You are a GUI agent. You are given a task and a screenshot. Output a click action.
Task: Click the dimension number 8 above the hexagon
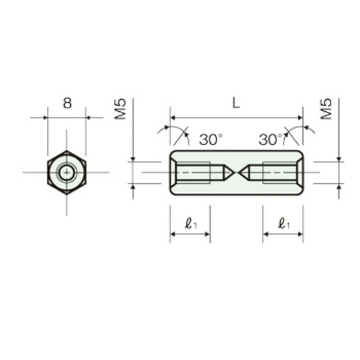[67, 103]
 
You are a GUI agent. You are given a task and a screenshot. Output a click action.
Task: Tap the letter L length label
[236, 103]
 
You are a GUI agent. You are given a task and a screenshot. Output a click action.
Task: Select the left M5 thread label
[120, 109]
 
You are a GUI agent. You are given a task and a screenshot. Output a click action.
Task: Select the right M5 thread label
[326, 109]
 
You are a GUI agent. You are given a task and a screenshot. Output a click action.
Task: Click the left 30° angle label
[211, 139]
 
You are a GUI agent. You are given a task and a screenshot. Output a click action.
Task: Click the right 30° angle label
[270, 139]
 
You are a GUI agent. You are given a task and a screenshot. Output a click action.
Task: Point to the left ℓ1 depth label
[191, 223]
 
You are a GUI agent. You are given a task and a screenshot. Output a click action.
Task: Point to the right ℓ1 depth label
[284, 223]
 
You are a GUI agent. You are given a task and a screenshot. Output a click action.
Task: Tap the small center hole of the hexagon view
[67, 172]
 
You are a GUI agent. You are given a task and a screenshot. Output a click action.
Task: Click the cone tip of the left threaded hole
[234, 172]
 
